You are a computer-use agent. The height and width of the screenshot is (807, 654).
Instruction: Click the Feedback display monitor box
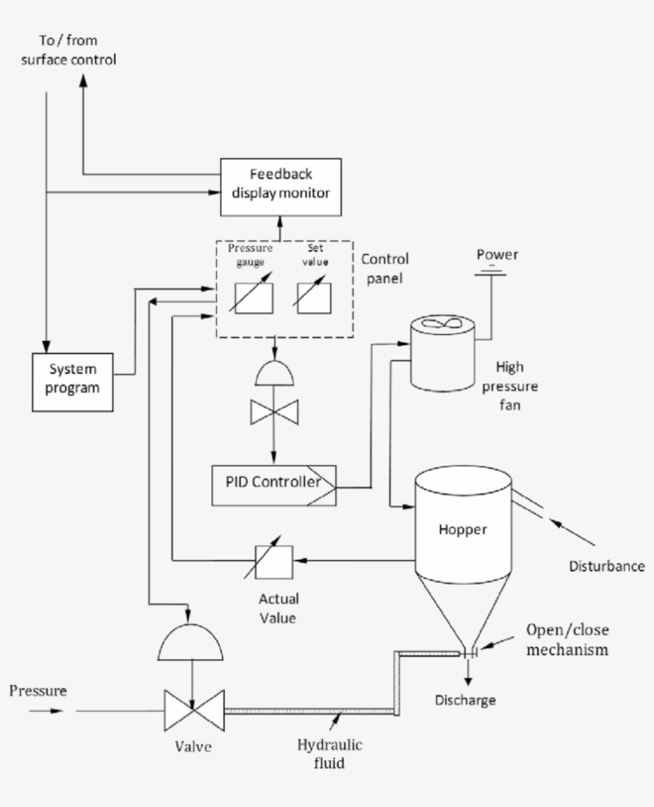pyautogui.click(x=280, y=187)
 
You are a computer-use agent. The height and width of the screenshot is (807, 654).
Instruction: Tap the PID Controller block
pyautogui.click(x=274, y=484)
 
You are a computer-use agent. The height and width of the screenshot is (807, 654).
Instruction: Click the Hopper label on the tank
pyautogui.click(x=462, y=529)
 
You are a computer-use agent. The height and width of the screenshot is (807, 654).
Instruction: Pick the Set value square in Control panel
pyautogui.click(x=312, y=297)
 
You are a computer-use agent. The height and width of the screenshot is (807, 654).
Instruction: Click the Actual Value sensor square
pyautogui.click(x=274, y=561)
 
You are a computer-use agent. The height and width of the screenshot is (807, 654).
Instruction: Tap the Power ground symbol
pyautogui.click(x=492, y=274)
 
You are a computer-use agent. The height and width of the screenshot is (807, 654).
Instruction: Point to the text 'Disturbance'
pyautogui.click(x=606, y=566)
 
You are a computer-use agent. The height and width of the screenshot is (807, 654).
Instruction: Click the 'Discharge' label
pyautogui.click(x=465, y=700)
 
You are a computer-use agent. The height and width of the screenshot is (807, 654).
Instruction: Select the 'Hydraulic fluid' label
pyautogui.click(x=329, y=754)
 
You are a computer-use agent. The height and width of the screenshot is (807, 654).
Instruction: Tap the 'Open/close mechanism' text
pyautogui.click(x=566, y=639)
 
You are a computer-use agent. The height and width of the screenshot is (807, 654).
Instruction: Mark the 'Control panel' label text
pyautogui.click(x=385, y=269)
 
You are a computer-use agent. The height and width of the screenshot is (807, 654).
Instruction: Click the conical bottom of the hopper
pyautogui.click(x=463, y=606)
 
